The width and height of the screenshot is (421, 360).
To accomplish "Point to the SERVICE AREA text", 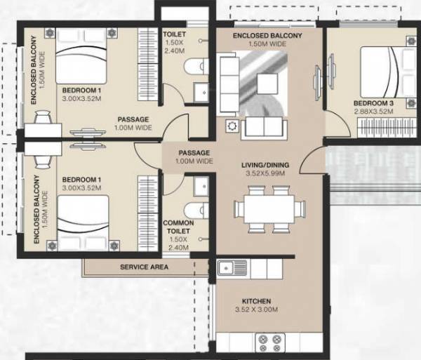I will tap(144, 267).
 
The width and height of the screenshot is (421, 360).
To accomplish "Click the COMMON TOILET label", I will tap(178, 227).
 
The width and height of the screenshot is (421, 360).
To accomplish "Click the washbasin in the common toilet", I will tap(200, 185).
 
